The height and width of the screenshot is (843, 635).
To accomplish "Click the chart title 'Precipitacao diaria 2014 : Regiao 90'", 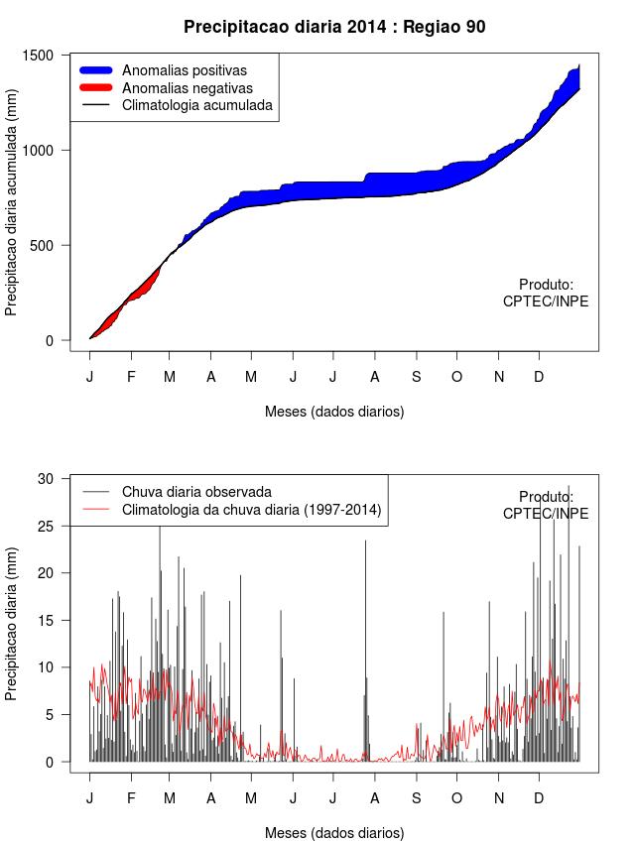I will [x=334, y=27].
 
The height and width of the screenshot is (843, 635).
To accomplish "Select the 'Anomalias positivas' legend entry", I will [x=184, y=70].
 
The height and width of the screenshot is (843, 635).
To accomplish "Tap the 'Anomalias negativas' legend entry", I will [x=187, y=87].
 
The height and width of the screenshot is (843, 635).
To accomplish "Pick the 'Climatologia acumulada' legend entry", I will [x=196, y=104].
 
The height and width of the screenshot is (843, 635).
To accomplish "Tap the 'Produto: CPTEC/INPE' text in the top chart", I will [x=546, y=293].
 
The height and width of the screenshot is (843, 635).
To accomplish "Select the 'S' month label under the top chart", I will [x=417, y=377].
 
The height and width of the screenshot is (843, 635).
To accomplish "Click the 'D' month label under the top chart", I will [x=539, y=377].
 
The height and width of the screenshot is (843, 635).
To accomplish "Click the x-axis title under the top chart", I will [x=334, y=411].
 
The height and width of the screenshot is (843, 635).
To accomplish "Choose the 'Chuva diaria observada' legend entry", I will [x=196, y=491].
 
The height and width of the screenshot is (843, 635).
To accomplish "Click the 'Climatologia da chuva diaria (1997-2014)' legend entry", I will [x=251, y=510].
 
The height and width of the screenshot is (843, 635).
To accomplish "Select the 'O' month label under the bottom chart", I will [x=456, y=798].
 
